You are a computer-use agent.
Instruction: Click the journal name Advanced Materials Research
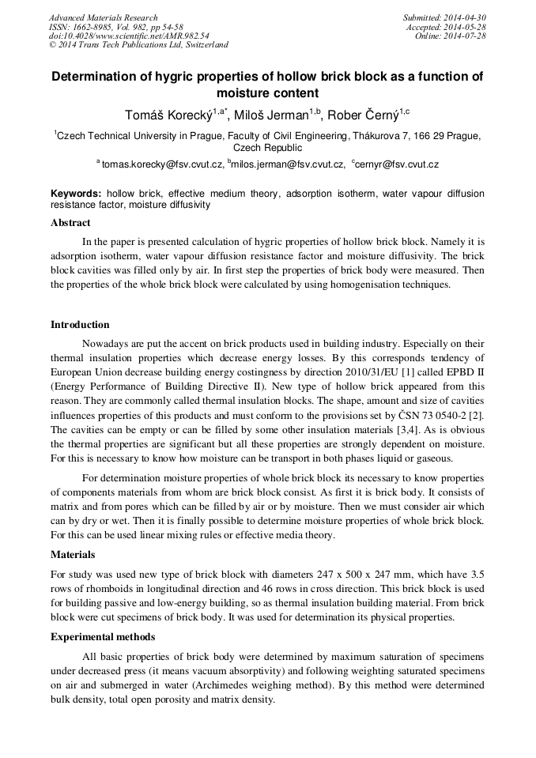click(103, 17)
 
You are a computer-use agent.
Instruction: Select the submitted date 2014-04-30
click(465, 17)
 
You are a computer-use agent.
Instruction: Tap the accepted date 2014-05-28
click(465, 27)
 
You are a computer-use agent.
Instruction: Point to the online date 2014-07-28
click(465, 36)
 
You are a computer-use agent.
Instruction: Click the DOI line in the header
click(129, 36)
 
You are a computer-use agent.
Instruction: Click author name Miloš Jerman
click(274, 116)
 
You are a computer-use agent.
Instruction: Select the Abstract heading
click(70, 223)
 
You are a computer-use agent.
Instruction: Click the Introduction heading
click(80, 324)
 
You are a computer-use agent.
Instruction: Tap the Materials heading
click(73, 555)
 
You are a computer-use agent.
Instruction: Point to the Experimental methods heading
click(103, 637)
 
